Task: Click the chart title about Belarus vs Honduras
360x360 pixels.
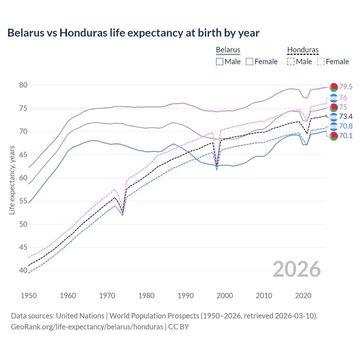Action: [x=133, y=33]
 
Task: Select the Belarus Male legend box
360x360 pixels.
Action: [x=220, y=62]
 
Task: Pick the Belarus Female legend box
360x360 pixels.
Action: [x=249, y=62]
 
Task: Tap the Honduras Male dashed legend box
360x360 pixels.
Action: [x=291, y=62]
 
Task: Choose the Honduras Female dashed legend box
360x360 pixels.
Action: [x=321, y=62]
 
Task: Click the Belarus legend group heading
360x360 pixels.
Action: [x=228, y=50]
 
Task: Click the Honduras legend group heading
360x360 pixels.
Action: [x=303, y=50]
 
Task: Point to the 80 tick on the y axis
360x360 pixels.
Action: [x=23, y=85]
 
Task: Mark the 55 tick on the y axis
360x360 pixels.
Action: [x=23, y=201]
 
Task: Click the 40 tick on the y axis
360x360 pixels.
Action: [x=23, y=271]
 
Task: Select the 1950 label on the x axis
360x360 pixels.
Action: [x=29, y=296]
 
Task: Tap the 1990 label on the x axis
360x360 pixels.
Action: [x=186, y=296]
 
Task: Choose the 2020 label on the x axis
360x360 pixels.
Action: [x=303, y=296]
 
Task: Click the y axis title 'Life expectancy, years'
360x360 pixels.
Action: [x=12, y=180]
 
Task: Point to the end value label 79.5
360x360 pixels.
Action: [x=345, y=87]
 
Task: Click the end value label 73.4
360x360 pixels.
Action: [x=345, y=117]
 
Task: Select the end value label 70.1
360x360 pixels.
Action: [x=345, y=136]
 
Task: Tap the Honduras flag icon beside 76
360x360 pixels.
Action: [x=334, y=98]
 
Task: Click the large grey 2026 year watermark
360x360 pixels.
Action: [x=297, y=269]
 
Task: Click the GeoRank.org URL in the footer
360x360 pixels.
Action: [x=87, y=327]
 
